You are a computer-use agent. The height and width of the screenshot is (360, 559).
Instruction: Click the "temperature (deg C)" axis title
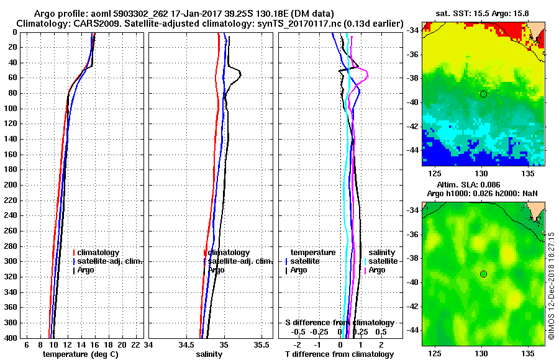pyautogui.click(x=80, y=354)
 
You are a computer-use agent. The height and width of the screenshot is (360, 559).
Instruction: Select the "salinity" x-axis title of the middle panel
pyautogui.click(x=209, y=354)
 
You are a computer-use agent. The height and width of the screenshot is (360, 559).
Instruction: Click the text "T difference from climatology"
pyautogui.click(x=338, y=354)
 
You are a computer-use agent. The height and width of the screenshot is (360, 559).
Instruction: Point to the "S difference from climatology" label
pyautogui.click(x=340, y=323)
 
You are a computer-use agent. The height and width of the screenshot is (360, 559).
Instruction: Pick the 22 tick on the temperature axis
pyautogui.click(x=134, y=344)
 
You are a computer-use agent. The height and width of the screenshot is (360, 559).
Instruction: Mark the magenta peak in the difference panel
pyautogui.click(x=368, y=75)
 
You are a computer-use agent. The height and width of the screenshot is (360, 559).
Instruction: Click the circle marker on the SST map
pyautogui.click(x=483, y=94)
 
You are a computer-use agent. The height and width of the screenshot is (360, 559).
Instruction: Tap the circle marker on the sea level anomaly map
pyautogui.click(x=483, y=274)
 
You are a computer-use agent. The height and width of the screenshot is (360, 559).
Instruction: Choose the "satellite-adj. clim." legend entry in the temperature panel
pyautogui.click(x=109, y=261)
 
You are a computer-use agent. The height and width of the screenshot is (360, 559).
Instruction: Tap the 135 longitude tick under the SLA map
pyautogui.click(x=529, y=353)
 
